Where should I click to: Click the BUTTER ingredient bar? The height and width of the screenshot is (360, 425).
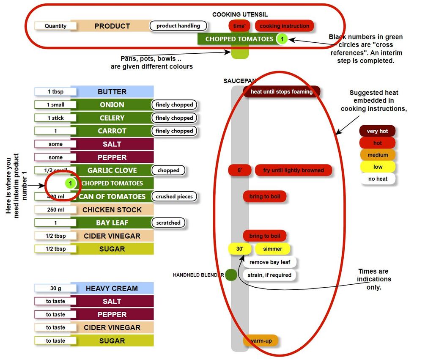pos(112,92)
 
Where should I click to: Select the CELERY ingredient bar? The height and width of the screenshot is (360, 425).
pos(112,118)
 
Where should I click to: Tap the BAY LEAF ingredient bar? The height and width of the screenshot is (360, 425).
pos(112,223)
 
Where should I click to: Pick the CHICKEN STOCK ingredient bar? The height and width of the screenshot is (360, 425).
pos(112,210)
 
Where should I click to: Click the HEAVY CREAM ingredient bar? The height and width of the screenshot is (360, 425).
pos(112,289)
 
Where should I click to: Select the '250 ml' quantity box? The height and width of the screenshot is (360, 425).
pos(55,210)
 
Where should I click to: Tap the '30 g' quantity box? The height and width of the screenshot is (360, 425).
pos(55,289)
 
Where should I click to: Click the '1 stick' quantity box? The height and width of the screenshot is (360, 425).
pos(55,118)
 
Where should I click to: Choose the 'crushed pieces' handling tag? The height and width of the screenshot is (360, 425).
pos(174,197)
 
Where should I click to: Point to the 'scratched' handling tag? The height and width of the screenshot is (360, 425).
pos(168,223)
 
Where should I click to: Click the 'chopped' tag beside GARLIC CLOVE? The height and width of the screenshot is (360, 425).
pos(168,170)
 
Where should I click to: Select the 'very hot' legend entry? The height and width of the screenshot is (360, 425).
pos(377,131)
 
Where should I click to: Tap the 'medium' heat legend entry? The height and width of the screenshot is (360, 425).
pos(377,155)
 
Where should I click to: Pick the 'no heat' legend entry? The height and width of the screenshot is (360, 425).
pos(377,179)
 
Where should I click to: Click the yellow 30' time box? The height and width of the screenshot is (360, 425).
pos(240,249)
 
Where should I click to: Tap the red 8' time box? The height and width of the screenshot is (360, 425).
pos(240,170)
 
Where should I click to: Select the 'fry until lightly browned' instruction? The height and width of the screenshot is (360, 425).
pos(293,170)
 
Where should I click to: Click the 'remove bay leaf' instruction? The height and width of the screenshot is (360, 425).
pos(270,262)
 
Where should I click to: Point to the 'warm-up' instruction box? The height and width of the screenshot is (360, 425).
pos(260,341)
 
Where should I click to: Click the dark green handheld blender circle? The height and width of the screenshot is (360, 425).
pos(231,275)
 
